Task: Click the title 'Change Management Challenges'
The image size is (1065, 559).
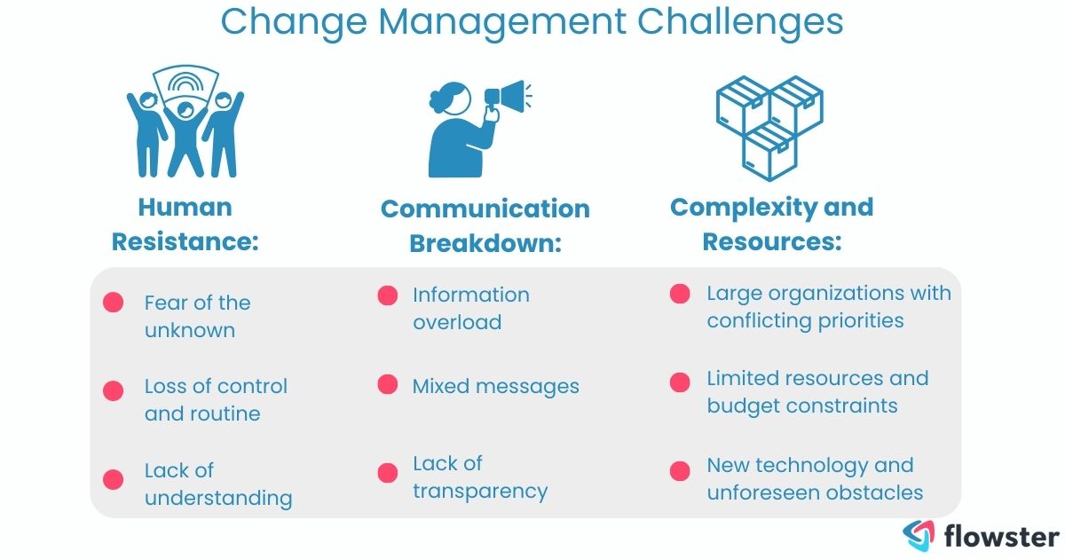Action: [532, 22]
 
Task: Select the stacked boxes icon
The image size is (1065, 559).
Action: [769, 125]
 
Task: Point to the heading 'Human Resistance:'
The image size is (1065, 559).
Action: [185, 224]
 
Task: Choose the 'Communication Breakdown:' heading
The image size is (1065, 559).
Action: [485, 225]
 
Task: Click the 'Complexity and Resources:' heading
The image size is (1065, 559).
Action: [771, 224]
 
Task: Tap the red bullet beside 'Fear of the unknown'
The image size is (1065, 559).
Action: [113, 303]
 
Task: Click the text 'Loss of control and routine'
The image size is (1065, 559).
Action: [216, 399]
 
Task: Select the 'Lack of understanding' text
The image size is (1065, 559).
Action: [217, 484]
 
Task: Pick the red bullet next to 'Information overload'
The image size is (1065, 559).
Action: [388, 295]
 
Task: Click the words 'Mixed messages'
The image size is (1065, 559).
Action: [495, 386]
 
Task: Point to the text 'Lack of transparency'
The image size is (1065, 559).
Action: [479, 476]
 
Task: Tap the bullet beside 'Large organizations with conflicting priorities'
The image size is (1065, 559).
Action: [680, 294]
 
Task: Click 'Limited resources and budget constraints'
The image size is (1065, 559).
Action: [816, 391]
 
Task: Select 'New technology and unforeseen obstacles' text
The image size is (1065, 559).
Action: [814, 478]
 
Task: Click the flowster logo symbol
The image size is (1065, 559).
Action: [918, 535]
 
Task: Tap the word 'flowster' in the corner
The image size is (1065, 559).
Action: [1000, 536]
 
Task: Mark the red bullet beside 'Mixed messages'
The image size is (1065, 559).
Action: [388, 384]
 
